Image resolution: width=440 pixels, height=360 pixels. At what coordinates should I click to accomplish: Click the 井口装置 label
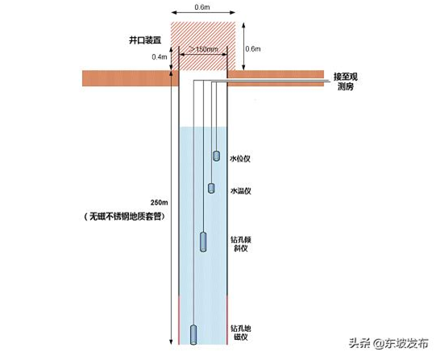[x=145, y=40]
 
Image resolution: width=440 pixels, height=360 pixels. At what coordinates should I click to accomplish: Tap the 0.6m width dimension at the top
[x=202, y=7]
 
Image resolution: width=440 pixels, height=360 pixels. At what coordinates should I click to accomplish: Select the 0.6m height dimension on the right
[x=253, y=49]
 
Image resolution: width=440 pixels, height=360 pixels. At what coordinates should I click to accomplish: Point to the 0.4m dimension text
[x=160, y=57]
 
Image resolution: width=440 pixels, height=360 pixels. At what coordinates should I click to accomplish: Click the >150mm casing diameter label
[x=203, y=49]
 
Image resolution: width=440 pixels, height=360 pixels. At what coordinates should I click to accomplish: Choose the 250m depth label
[x=159, y=202]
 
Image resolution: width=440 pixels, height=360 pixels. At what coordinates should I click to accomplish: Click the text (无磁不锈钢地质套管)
[x=124, y=217]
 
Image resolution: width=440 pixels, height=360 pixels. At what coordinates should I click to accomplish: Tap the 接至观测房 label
[x=345, y=81]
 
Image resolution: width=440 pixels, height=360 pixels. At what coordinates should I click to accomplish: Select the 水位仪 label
[x=240, y=159]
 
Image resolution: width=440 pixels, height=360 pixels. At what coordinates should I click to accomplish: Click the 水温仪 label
[x=240, y=191]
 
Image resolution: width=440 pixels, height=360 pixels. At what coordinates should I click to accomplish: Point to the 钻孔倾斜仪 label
[x=241, y=244]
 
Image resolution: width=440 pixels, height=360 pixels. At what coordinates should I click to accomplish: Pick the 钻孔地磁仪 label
[x=241, y=333]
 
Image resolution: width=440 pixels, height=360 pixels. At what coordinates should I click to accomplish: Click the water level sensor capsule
[x=216, y=156]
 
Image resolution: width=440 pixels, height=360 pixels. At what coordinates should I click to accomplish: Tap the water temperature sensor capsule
[x=211, y=188]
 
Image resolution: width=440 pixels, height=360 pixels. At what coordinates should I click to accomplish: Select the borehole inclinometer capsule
[x=203, y=242]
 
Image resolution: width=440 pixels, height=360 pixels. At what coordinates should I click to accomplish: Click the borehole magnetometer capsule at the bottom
[x=193, y=335]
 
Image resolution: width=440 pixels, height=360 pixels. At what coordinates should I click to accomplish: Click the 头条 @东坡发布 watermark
[x=388, y=343]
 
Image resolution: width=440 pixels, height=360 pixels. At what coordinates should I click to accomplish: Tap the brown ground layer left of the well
[x=131, y=78]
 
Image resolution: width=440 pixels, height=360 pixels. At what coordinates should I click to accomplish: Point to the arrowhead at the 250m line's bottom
[x=171, y=342]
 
